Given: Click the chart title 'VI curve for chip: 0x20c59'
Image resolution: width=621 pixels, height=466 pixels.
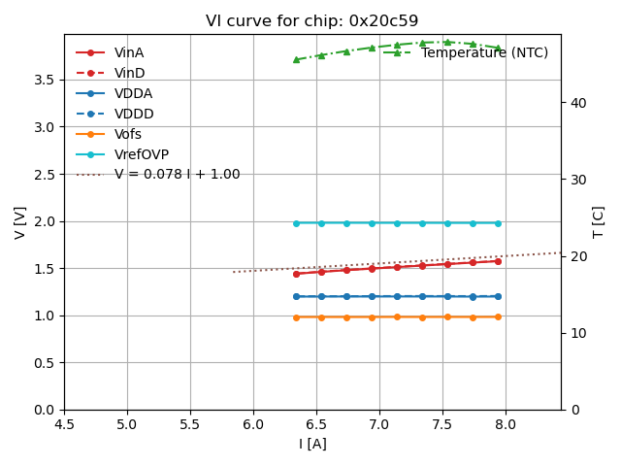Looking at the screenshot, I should pyautogui.click(x=311, y=21).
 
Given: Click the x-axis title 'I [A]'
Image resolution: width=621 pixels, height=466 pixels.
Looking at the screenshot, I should pyautogui.click(x=311, y=445).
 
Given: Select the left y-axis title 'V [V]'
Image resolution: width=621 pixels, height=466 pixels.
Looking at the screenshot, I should pyautogui.click(x=20, y=222).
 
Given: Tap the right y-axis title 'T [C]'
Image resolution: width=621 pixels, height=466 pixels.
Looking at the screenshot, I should pyautogui.click(x=599, y=222).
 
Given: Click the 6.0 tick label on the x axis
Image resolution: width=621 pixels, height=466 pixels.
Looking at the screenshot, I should pyautogui.click(x=253, y=425).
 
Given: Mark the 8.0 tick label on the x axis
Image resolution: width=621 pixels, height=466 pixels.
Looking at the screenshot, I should pyautogui.click(x=506, y=425).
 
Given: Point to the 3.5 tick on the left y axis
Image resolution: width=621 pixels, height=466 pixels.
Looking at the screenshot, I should pyautogui.click(x=45, y=80).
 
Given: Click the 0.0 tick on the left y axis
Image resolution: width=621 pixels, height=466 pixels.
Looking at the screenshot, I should pyautogui.click(x=45, y=410).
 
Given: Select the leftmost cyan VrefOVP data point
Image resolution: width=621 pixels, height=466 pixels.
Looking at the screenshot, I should pyautogui.click(x=296, y=223).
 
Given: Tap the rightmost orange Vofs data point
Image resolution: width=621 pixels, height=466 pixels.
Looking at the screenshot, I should pyautogui.click(x=498, y=316).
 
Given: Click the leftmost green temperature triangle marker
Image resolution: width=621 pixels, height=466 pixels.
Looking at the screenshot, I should pyautogui.click(x=296, y=59).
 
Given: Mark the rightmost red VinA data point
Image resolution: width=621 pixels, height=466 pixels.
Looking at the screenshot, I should pyautogui.click(x=498, y=261).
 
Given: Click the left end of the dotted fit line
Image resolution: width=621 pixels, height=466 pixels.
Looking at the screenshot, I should pyautogui.click(x=234, y=272).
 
